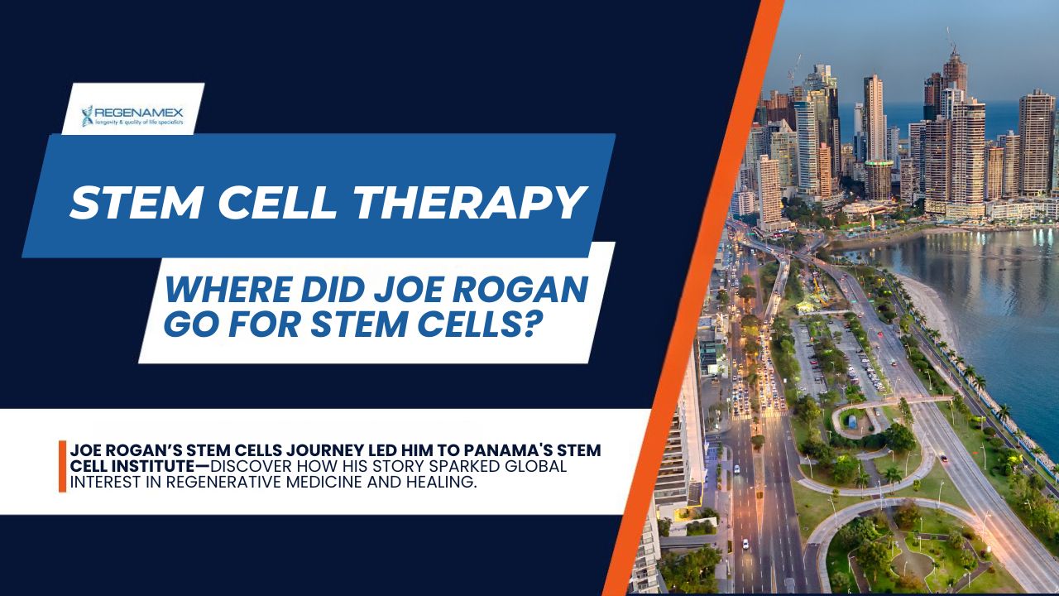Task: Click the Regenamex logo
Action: [x=132, y=116]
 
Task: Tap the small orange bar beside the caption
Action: [x=62, y=466]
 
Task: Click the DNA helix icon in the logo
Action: [x=88, y=116]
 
